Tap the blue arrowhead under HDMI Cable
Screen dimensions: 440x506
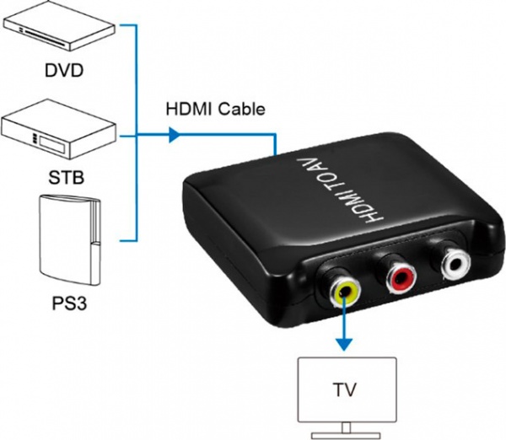click(x=174, y=133)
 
